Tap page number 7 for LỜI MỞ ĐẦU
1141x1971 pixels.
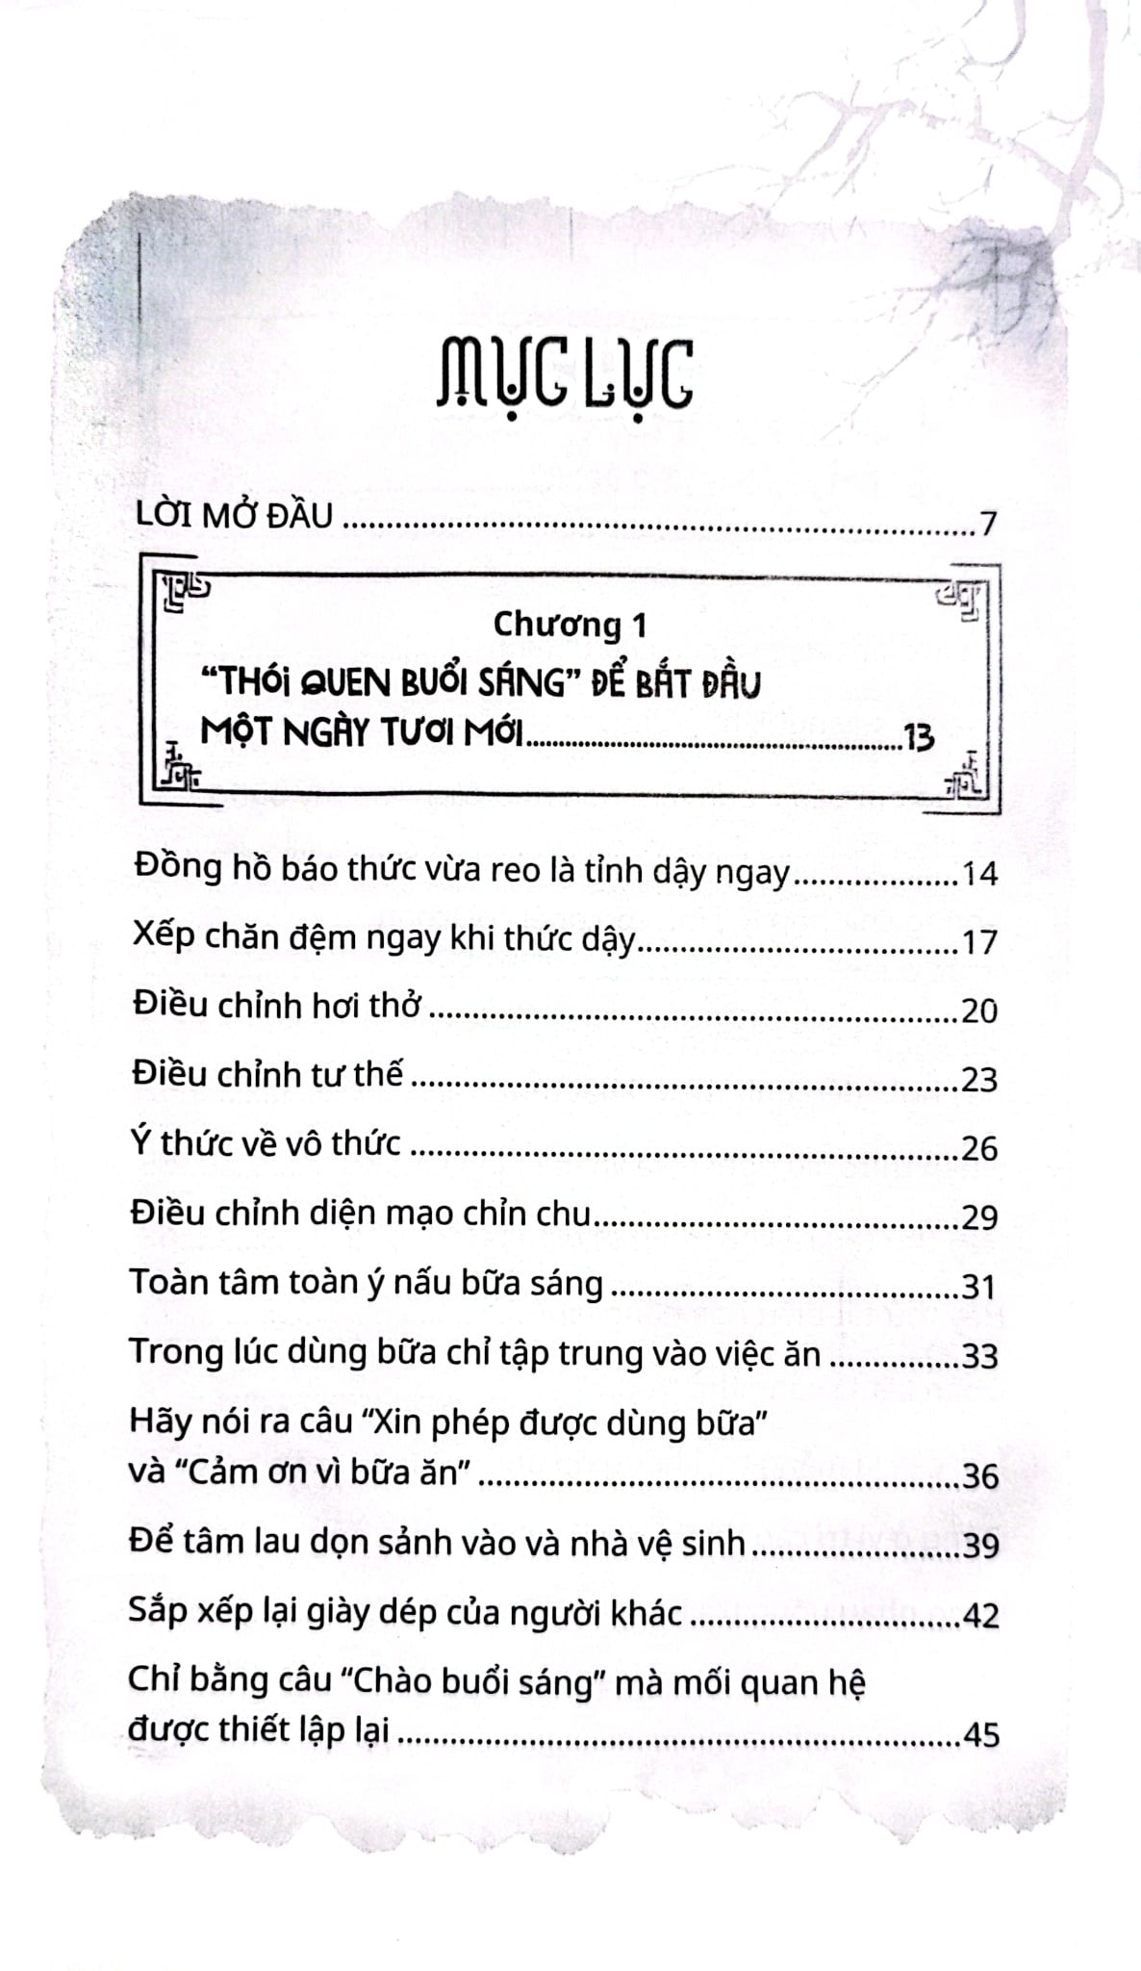[x=988, y=525]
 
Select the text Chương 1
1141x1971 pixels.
[x=570, y=625]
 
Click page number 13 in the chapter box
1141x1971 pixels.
[x=919, y=738]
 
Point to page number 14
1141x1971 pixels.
[x=980, y=874]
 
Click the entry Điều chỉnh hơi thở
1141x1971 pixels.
[x=276, y=1008]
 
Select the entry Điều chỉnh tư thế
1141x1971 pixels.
[x=267, y=1075]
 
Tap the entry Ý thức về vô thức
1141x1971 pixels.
[x=266, y=1144]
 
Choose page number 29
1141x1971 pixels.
[x=980, y=1217]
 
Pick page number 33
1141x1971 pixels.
[x=980, y=1356]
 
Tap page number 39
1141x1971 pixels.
[x=980, y=1545]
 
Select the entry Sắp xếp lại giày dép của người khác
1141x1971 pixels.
[x=405, y=1612]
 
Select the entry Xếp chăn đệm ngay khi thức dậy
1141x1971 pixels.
[x=384, y=940]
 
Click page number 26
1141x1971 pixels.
[x=980, y=1148]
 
